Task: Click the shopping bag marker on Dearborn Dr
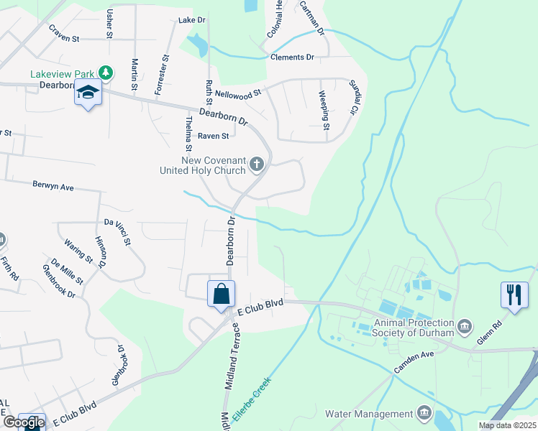pos(221,295)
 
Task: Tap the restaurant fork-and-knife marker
pos(514,295)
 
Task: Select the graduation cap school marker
pos(88,94)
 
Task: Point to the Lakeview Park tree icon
pos(106,73)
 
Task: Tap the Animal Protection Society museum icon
pos(465,327)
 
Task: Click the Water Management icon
pos(424,413)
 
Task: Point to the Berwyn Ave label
pos(53,185)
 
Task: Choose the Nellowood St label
pos(240,93)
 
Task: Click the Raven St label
pos(213,136)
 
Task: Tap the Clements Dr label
pos(292,57)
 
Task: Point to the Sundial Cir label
pos(353,97)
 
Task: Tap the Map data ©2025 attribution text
pos(507,425)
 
